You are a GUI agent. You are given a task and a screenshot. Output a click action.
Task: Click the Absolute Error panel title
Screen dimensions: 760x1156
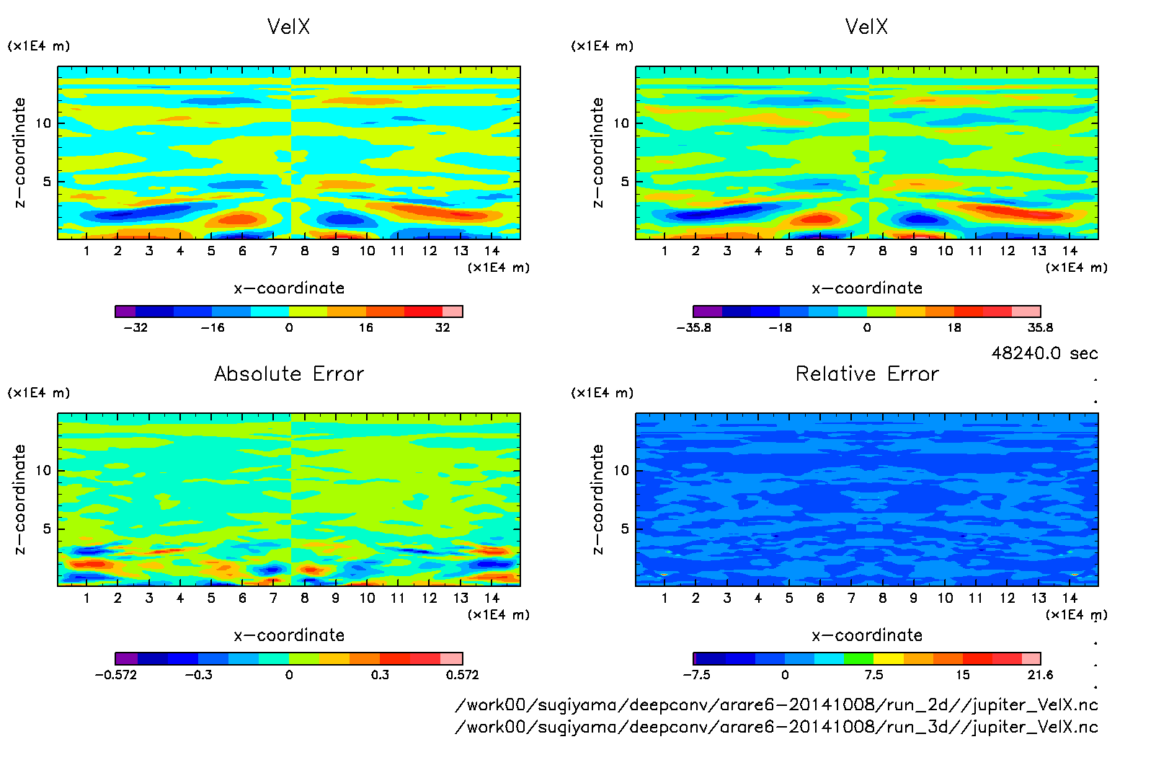[289, 374]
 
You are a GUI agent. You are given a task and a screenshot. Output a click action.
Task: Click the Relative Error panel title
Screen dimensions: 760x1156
[867, 374]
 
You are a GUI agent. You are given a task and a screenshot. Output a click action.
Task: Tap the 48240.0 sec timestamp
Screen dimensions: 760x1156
[1044, 353]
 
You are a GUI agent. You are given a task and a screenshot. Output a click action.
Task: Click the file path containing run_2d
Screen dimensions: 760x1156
[776, 704]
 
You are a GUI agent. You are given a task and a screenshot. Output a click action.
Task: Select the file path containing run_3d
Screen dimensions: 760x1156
[776, 727]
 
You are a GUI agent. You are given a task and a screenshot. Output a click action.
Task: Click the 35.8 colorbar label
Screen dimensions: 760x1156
[1040, 327]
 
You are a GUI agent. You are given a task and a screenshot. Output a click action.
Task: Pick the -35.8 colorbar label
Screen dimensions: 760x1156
[693, 327]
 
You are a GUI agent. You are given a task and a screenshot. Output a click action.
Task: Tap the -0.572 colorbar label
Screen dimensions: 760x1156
[116, 675]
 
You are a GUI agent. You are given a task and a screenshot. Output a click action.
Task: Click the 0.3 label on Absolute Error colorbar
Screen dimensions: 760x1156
[380, 675]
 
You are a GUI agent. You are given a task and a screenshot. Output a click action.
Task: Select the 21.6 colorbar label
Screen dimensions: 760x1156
[1040, 675]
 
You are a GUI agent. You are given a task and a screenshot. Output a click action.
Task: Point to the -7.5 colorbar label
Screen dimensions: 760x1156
[696, 675]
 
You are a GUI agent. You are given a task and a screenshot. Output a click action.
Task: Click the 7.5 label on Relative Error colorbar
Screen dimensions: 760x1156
[873, 675]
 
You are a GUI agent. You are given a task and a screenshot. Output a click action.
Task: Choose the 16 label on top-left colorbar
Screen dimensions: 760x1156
[366, 327]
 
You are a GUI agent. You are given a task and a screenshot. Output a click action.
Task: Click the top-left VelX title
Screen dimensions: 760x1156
[288, 27]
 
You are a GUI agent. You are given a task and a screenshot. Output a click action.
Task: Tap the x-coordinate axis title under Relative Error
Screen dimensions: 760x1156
[867, 635]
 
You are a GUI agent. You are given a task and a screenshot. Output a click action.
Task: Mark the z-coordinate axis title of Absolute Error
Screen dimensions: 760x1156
[19, 499]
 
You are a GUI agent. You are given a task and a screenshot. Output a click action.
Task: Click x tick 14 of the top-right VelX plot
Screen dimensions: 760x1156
[1070, 251]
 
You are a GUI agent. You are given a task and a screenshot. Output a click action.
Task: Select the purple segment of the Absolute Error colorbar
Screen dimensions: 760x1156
[126, 658]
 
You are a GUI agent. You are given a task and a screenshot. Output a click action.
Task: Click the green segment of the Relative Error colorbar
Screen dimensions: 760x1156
[858, 658]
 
